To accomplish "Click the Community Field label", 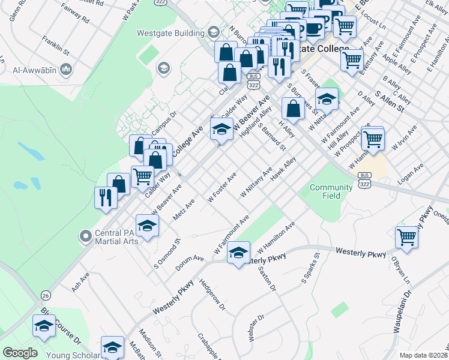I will click(x=331, y=191).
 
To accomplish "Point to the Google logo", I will click(x=20, y=353).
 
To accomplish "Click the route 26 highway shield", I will click(x=46, y=295).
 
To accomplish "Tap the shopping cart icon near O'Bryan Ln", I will click(x=407, y=237).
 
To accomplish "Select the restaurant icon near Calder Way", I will click(x=106, y=198).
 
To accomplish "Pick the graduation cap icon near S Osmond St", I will click(x=147, y=226).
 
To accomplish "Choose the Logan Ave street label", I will click(x=411, y=172).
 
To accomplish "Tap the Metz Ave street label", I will click(x=184, y=211).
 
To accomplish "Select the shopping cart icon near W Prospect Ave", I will click(x=373, y=139).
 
